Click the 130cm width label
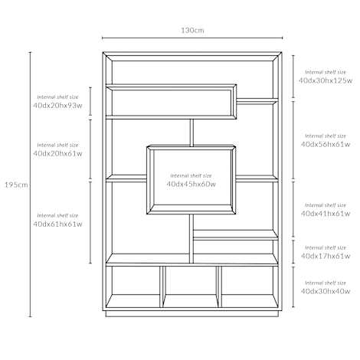click(x=192, y=31)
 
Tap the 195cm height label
click(x=16, y=185)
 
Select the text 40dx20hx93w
click(x=57, y=106)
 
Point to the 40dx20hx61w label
click(x=57, y=153)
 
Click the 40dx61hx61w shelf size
click(x=57, y=224)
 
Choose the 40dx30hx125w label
click(x=326, y=80)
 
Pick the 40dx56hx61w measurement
click(x=326, y=144)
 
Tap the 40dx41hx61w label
click(x=326, y=214)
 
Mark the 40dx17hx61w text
click(x=326, y=256)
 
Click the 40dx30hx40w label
click(x=326, y=291)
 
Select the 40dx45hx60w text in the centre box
click(x=191, y=184)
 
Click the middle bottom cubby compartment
click(x=191, y=286)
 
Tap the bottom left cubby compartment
click(x=133, y=286)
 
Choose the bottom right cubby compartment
click(x=250, y=286)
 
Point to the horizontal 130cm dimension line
click(x=192, y=38)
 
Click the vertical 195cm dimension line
click(x=31, y=185)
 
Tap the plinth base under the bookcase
click(x=192, y=314)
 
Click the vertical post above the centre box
click(x=191, y=133)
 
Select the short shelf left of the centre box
click(x=126, y=178)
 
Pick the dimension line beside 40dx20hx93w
click(x=90, y=101)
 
